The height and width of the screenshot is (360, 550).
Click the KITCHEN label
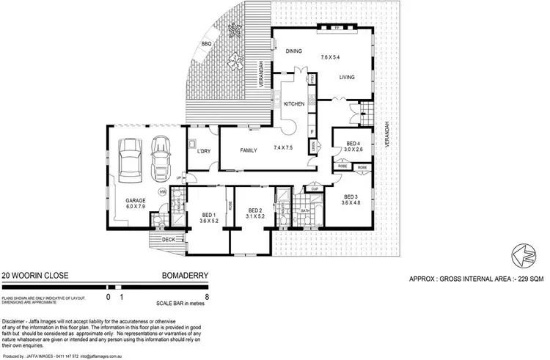click(294, 104)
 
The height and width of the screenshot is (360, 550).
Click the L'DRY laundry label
click(204, 152)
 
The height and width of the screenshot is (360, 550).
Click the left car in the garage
click(131, 159)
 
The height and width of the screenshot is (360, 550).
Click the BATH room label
click(306, 212)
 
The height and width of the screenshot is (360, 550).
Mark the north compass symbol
click(521, 254)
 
